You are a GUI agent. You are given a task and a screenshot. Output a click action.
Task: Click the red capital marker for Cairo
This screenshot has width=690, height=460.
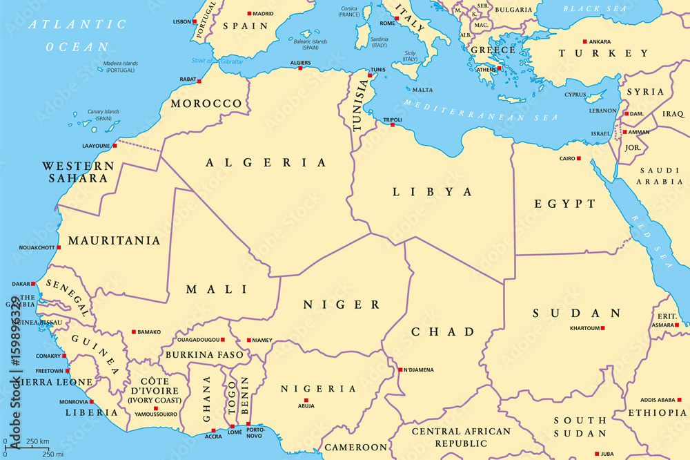578,159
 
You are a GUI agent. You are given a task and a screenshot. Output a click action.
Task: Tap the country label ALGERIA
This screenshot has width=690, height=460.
266,163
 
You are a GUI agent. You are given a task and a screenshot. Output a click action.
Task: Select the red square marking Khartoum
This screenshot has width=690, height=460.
602,328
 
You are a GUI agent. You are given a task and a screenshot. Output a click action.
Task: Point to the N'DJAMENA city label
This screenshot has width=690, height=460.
419,370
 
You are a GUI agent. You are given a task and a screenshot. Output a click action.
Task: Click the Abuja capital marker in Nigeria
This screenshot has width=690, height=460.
306,399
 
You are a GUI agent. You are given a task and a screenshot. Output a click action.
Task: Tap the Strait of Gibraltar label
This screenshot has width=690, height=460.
217,61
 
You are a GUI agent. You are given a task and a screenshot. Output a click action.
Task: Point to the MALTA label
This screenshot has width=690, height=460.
422,90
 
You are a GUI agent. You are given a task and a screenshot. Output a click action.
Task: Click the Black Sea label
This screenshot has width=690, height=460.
586,9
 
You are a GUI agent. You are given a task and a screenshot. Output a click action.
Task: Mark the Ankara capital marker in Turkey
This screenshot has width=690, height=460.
584,41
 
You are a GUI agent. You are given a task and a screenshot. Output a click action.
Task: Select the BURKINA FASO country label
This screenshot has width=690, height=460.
204,355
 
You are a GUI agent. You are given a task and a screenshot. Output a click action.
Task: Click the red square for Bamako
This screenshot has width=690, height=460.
134,332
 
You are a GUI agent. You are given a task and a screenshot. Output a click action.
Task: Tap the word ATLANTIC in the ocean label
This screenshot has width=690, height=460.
77,25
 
